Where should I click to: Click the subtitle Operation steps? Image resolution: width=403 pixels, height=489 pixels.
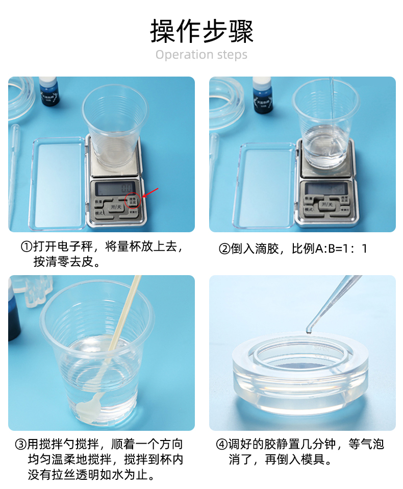[x=202, y=55]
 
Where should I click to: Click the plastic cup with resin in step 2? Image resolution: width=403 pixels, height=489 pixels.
[x=325, y=125]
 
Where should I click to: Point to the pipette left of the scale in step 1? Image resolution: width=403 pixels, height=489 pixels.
[x=14, y=168]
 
